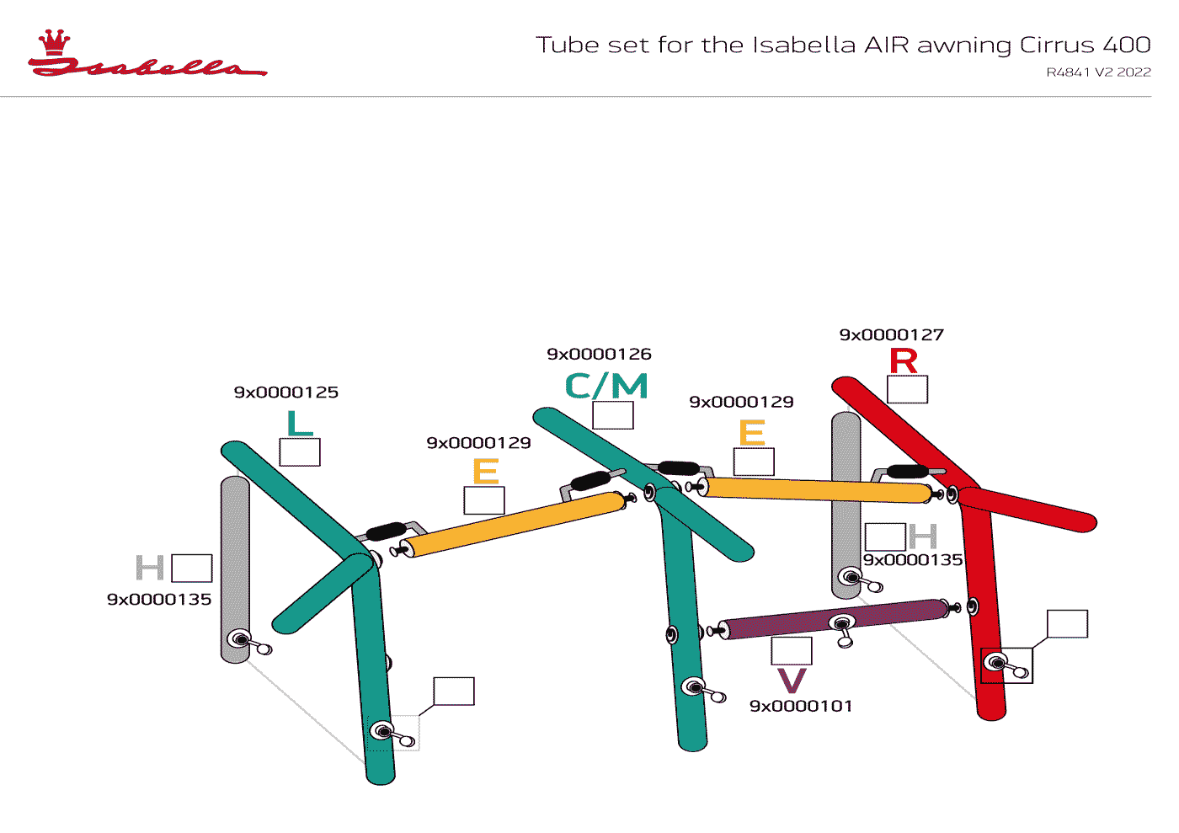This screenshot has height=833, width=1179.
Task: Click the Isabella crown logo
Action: point(55,42)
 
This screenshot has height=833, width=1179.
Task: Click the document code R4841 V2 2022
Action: point(1098,72)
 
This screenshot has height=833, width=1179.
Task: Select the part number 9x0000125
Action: point(286,392)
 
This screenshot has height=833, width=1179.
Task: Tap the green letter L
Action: point(300,424)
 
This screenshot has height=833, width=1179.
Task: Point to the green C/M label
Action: point(606,387)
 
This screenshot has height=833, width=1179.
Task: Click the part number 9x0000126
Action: point(599,355)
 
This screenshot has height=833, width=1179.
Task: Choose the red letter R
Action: point(904,361)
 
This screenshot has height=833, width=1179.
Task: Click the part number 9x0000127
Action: point(891,335)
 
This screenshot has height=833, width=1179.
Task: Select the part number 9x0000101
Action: point(801,707)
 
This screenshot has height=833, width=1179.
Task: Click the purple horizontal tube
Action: point(834,619)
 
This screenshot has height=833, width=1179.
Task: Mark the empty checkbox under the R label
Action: point(908,389)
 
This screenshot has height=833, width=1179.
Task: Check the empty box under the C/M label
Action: point(613,415)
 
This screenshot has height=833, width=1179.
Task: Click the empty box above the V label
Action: point(792,651)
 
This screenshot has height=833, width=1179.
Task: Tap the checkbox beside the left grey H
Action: point(192,569)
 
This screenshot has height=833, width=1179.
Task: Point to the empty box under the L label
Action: point(300,452)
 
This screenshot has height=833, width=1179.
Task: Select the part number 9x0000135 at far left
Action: point(159,600)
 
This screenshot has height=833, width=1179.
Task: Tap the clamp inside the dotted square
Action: point(392,734)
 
